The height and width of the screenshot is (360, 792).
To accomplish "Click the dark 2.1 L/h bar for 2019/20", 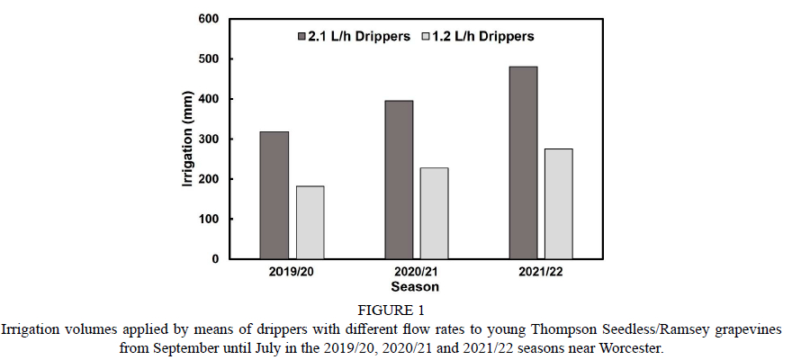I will [274, 195].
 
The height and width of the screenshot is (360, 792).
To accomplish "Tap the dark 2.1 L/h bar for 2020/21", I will [399, 180].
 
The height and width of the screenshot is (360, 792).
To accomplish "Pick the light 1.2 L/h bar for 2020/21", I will [434, 213].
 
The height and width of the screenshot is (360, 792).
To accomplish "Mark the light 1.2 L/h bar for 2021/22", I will [558, 203].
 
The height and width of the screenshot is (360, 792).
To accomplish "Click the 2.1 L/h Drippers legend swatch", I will [301, 37].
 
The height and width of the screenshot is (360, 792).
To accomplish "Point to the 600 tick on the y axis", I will [209, 19].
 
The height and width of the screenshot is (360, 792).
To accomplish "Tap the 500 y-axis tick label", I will [209, 59].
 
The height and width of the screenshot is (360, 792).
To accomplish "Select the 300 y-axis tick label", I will [209, 139].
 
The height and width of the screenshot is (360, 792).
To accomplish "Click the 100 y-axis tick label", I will [209, 220].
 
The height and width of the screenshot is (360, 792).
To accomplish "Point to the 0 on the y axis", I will [215, 259].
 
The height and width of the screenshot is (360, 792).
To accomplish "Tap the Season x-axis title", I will [415, 288].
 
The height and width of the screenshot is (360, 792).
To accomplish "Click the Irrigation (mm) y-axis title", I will [187, 139].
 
